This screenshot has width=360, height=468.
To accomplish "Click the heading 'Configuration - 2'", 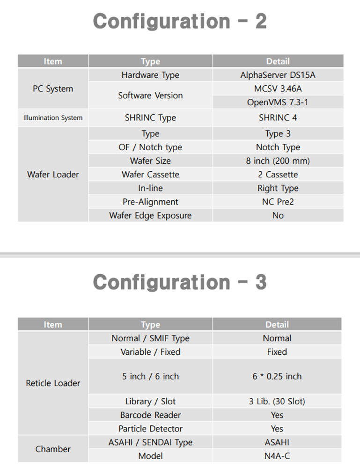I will tap(180, 22).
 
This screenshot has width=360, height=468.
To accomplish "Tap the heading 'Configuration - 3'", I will tap(180, 282).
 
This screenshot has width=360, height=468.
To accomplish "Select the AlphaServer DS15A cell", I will tap(278, 75).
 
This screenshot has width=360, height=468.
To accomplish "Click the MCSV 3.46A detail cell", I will tap(278, 88).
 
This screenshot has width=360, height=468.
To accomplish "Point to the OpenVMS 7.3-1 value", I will tap(278, 102).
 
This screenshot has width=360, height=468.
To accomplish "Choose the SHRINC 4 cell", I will tap(278, 117).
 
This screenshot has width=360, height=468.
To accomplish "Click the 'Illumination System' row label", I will tap(53, 117).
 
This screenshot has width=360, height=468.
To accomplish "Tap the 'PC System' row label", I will tap(53, 88).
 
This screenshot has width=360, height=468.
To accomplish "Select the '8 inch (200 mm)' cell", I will tap(278, 161).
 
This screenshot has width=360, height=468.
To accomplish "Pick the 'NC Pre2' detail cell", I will tap(278, 202).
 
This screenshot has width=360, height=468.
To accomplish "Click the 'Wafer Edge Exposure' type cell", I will tap(150, 215).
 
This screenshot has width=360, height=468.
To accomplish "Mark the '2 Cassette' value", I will tap(278, 175).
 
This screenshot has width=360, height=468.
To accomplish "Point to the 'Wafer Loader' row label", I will tap(53, 175).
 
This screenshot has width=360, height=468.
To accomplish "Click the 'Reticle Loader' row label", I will tap(53, 383).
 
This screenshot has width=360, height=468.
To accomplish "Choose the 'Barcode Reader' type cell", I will tap(150, 415).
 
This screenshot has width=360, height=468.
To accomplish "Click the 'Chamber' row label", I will tap(53, 449).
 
